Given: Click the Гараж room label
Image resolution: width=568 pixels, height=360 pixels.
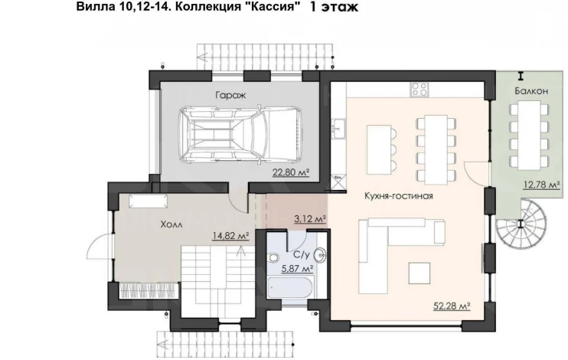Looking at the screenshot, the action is coord(230,95).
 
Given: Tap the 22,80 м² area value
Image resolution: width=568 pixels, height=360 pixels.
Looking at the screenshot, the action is coord(291,172).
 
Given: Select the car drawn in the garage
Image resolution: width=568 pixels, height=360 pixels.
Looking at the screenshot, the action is coord(240,134).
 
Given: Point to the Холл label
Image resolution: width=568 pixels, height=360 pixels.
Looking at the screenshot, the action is coord(171,224).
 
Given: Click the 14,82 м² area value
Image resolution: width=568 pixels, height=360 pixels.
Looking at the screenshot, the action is coord(230,236).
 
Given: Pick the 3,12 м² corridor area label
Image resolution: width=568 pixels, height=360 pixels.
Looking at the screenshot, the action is coord(310,218).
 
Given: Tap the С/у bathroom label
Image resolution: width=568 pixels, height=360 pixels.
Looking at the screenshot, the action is coord(302,255).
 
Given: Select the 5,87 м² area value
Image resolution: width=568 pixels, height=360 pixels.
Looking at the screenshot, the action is coord(298,269).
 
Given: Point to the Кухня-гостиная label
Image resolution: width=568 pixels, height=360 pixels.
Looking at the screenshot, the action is coord(399,196).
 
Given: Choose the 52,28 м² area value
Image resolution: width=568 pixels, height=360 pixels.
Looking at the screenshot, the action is coord(452,306).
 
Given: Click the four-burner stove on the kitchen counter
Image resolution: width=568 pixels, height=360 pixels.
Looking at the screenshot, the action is coord(419,89).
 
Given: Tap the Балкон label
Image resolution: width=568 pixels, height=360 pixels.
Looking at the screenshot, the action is coord(531,91).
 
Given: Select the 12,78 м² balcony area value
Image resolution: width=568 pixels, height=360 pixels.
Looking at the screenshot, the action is coord(541,185).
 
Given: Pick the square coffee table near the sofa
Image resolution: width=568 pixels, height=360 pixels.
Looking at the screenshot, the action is coord(419,273).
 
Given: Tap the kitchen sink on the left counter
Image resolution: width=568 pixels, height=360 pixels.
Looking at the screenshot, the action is coord(338,128).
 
